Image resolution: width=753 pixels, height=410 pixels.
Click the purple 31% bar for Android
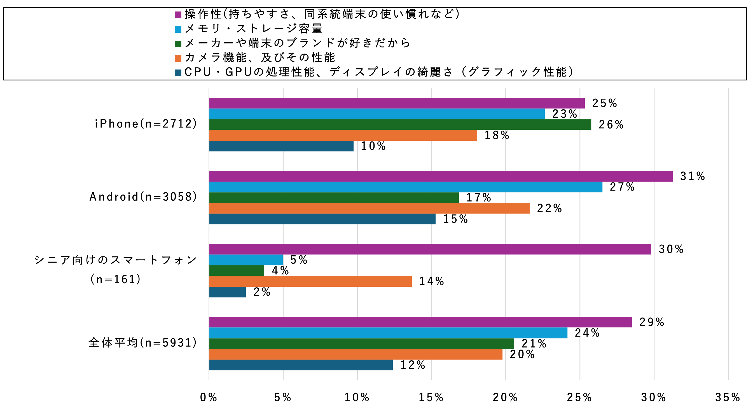click(x=441, y=176)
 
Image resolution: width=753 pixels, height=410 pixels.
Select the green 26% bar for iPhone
click(x=400, y=124)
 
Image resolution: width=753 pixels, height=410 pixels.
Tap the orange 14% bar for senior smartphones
click(x=310, y=281)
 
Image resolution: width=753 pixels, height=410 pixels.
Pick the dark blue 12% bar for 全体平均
click(x=301, y=365)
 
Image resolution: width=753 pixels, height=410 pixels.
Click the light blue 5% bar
click(x=246, y=260)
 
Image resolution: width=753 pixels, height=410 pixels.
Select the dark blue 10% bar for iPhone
click(x=281, y=146)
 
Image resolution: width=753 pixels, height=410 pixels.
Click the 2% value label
click(x=262, y=292)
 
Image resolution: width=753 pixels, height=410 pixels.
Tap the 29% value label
click(x=652, y=322)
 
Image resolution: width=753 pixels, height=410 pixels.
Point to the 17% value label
click(x=478, y=198)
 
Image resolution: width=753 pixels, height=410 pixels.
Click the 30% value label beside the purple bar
click(x=671, y=249)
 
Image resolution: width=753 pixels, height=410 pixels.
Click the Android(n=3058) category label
click(x=143, y=197)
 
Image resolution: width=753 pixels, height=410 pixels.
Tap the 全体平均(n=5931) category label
click(x=143, y=343)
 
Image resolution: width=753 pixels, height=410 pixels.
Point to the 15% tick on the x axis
click(x=431, y=397)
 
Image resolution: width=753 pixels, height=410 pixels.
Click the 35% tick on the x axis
click(x=728, y=397)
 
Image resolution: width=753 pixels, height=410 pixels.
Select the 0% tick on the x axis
click(x=209, y=397)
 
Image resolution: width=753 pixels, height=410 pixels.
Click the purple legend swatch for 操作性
click(x=178, y=15)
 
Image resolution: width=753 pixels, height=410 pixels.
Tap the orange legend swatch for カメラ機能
click(x=178, y=58)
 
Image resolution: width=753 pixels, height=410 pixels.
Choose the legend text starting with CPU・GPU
click(x=379, y=72)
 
